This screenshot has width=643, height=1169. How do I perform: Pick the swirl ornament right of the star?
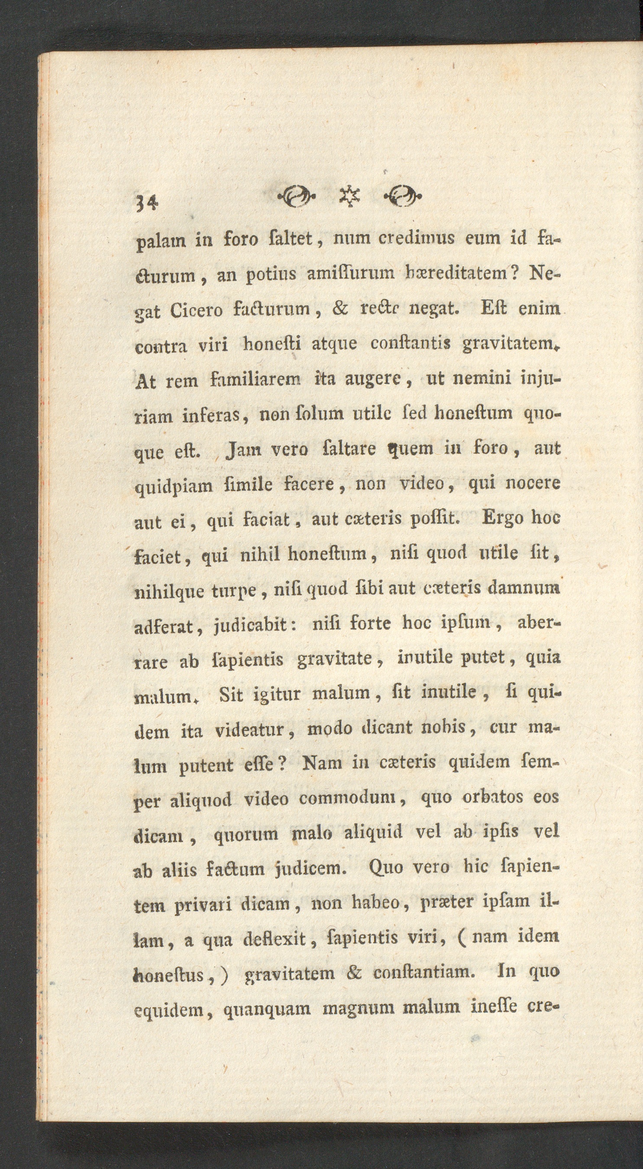click(402, 196)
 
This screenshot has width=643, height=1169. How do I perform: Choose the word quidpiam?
click(174, 486)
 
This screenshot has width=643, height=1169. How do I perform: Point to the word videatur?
click(249, 730)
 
